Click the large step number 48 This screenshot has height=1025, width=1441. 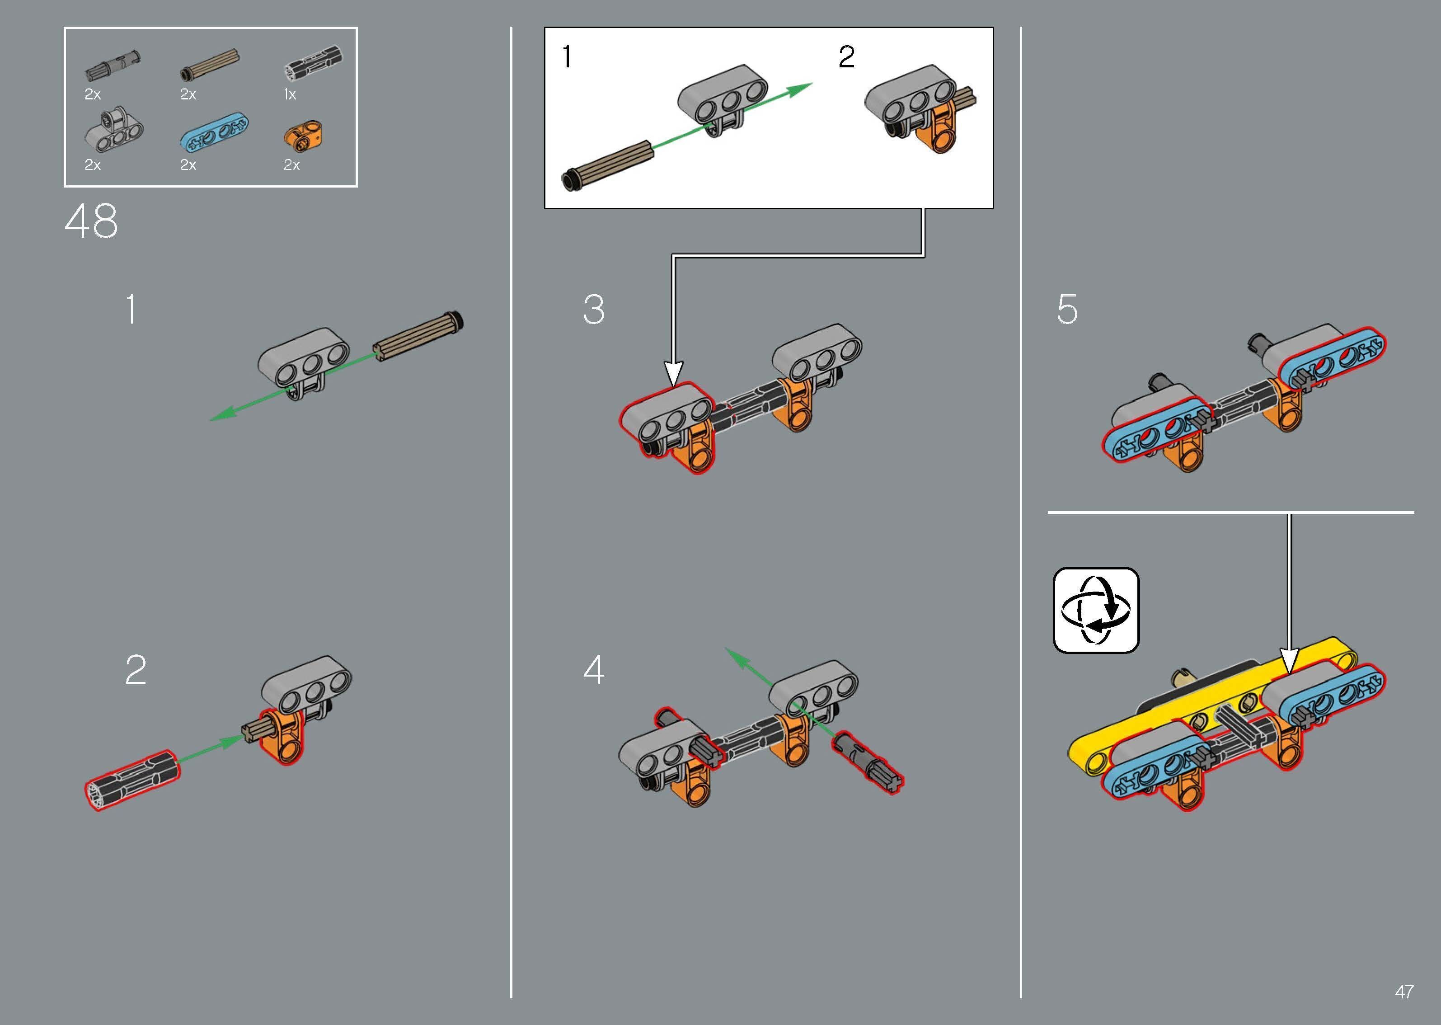[x=91, y=221]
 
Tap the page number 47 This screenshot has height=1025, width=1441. [x=1404, y=992]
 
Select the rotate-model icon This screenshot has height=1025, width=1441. [x=1096, y=610]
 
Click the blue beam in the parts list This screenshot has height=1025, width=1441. [x=215, y=132]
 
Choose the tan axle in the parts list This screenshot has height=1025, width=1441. [x=210, y=65]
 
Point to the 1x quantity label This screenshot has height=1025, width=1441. [x=290, y=94]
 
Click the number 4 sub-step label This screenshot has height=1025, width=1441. [x=594, y=670]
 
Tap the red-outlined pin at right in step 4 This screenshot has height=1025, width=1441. [x=868, y=762]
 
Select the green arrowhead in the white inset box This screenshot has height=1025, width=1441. [x=799, y=89]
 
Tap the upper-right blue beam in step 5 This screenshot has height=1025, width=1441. [x=1332, y=367]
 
